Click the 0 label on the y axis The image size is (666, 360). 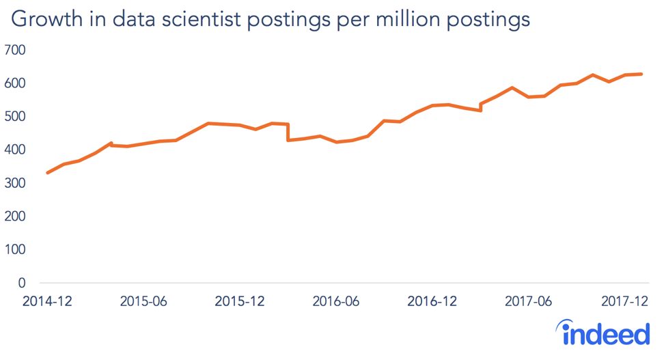[x=21, y=283]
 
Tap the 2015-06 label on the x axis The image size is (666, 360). [x=143, y=301]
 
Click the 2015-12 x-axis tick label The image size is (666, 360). [x=240, y=301]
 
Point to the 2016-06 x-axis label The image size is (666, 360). [x=335, y=301]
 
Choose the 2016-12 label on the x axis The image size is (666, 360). [x=432, y=301]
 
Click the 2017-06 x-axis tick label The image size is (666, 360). [x=528, y=301]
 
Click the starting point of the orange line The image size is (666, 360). [x=47, y=173]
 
